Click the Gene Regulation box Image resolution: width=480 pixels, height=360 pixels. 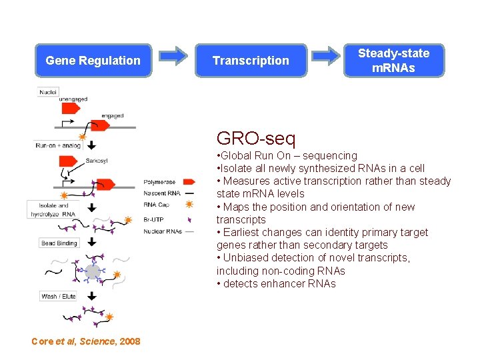[x=93, y=61]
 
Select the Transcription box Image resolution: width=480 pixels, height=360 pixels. [x=251, y=61]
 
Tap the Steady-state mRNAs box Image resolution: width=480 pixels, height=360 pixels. [x=393, y=61]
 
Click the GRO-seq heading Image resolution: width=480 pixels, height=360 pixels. [x=256, y=138]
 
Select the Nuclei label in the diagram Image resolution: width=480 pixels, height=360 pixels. [x=48, y=92]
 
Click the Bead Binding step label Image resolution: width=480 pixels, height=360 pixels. [x=59, y=243]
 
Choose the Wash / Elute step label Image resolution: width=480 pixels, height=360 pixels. [x=59, y=295]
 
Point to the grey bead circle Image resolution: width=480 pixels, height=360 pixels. [x=93, y=272]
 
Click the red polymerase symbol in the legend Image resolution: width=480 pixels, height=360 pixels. [x=189, y=181]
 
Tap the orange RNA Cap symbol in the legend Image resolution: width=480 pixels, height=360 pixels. [x=189, y=205]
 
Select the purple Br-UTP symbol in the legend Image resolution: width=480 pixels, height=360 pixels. [x=189, y=219]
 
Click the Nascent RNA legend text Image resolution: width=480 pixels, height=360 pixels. [x=162, y=193]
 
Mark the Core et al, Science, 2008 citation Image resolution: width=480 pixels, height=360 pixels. [x=86, y=341]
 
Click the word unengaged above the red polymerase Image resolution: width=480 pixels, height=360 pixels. [x=73, y=99]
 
